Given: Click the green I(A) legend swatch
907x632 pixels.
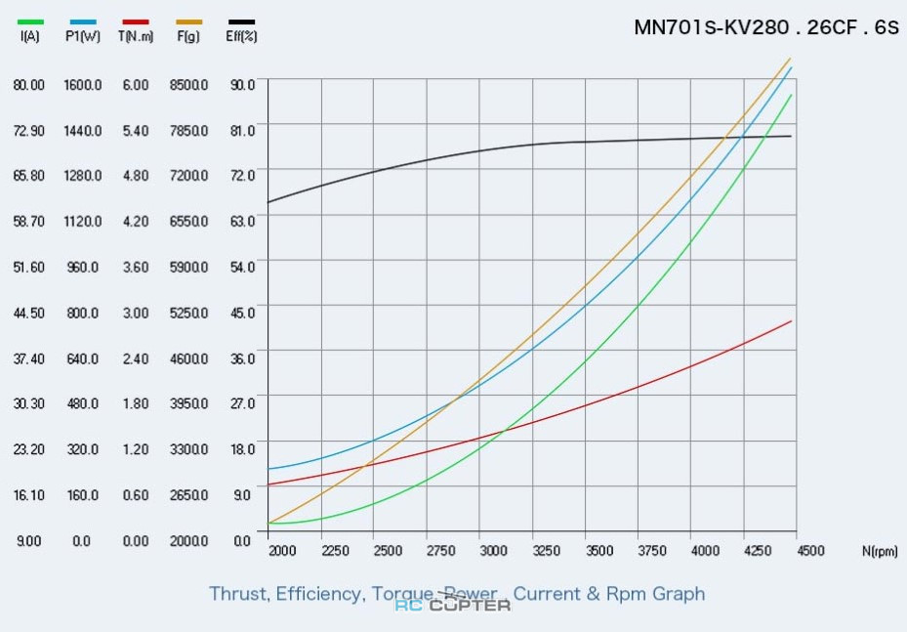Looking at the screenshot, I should click(30, 21).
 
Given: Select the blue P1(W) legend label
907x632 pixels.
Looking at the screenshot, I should click(82, 37).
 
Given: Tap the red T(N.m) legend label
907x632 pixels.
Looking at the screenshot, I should click(135, 37).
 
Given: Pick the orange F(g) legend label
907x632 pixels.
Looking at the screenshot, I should click(188, 37).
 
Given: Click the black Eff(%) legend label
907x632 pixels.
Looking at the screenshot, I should click(241, 37).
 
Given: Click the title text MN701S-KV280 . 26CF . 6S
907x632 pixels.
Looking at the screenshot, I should click(765, 27).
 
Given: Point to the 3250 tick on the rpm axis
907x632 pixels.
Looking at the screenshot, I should click(546, 551).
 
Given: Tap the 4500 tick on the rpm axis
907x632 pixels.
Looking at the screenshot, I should click(809, 551).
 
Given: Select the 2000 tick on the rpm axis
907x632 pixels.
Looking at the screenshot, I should click(282, 551).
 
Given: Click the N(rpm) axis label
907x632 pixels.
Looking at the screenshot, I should click(880, 551).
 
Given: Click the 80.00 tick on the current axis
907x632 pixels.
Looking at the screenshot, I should click(28, 85).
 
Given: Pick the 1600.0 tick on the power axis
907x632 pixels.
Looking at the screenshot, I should click(82, 85).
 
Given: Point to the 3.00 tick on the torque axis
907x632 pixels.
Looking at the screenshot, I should click(135, 313).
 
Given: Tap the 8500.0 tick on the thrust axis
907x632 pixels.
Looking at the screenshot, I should click(188, 85).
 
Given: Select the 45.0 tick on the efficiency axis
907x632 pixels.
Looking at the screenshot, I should click(242, 313).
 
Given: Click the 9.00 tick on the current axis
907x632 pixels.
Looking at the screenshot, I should click(28, 540).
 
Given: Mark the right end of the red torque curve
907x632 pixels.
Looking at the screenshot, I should click(791, 320).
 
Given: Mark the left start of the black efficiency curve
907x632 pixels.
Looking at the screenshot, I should click(269, 202).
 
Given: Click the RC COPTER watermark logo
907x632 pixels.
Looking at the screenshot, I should click(453, 605).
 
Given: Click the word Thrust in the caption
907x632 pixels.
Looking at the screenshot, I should click(237, 594).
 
